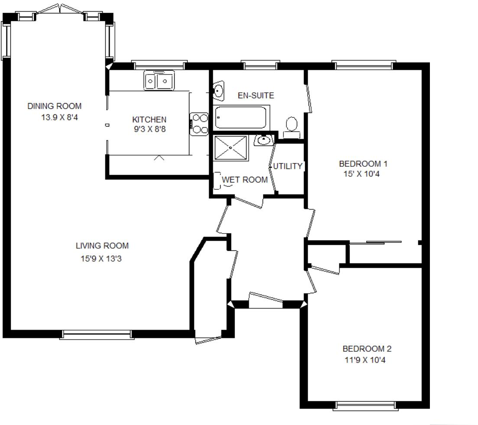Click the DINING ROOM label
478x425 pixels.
tap(54, 106)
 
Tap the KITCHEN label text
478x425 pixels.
tap(149, 120)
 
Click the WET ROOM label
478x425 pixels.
tap(245, 179)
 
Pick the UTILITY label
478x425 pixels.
tap(288, 166)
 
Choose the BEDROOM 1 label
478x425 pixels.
tap(363, 164)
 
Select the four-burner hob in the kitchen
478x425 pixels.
tap(199, 123)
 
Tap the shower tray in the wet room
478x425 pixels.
tap(231, 148)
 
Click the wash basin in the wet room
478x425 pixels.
tap(263, 140)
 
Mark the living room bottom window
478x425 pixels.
tap(96, 334)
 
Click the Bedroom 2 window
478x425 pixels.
tap(366, 406)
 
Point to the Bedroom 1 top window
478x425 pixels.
tap(364, 66)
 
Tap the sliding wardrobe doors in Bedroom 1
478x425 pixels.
tap(376, 242)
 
